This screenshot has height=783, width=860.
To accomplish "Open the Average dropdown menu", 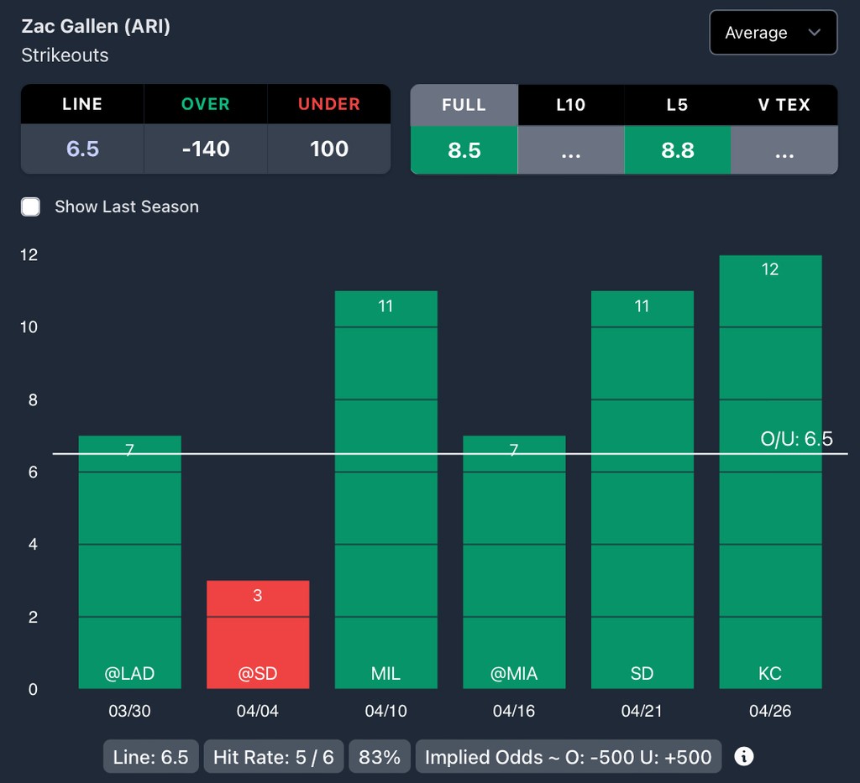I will point(773,33).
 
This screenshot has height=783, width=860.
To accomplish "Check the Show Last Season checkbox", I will point(31,206).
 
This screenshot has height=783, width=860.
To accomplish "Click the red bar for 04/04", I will point(258,634).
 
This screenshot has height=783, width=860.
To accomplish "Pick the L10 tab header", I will point(570,105).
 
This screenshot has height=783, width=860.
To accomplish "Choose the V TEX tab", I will point(784,105).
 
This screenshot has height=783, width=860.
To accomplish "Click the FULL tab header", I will point(464,105).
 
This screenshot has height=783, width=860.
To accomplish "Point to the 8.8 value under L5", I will point(677,149).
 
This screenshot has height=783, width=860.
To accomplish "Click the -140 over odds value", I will point(206,149).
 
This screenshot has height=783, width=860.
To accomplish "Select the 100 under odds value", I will point(328,149).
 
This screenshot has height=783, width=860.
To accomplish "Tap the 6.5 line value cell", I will point(82,149).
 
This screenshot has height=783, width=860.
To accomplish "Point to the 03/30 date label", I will point(129,711).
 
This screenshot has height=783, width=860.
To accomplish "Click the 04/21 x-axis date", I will point(642,711).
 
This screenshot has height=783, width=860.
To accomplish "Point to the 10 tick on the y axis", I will point(29,326).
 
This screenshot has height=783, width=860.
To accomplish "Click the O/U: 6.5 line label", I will point(796,439).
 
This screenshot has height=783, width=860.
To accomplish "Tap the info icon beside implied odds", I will point(743,756).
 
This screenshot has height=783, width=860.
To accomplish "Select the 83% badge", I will point(380,757).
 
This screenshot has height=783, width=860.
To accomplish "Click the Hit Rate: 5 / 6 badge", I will point(273,757).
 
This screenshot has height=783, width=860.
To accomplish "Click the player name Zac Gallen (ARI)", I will point(96,26).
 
